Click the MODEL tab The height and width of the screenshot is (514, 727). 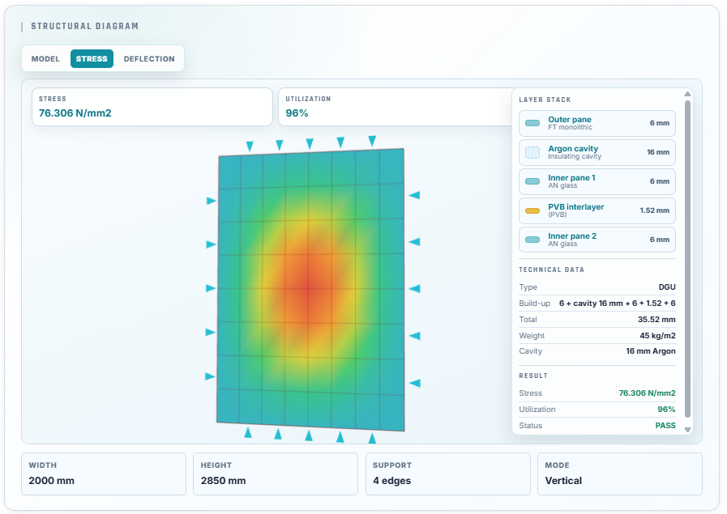click(x=45, y=59)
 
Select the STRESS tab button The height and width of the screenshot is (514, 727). click(x=92, y=59)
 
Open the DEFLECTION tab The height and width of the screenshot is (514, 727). click(x=149, y=59)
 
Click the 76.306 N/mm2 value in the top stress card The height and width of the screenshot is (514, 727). click(x=75, y=113)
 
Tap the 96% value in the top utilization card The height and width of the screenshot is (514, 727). click(x=297, y=113)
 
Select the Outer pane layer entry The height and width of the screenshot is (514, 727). click(x=597, y=123)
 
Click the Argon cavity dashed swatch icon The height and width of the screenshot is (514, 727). click(x=532, y=152)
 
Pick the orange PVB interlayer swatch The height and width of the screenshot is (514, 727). click(x=532, y=210)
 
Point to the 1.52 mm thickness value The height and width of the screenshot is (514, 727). click(x=655, y=210)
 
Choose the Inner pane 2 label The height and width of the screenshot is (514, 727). click(x=572, y=236)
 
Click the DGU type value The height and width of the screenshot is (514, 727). click(x=667, y=287)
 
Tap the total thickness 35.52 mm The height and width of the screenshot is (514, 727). click(x=656, y=320)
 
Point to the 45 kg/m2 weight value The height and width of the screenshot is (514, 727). click(x=657, y=336)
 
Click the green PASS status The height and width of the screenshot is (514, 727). click(x=665, y=426)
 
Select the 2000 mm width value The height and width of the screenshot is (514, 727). click(x=51, y=481)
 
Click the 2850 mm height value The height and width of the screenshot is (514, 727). click(x=223, y=481)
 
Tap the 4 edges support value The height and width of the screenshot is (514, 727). click(x=391, y=481)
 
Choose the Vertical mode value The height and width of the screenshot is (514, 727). click(x=563, y=481)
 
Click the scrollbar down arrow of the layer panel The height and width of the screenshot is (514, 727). click(x=687, y=430)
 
